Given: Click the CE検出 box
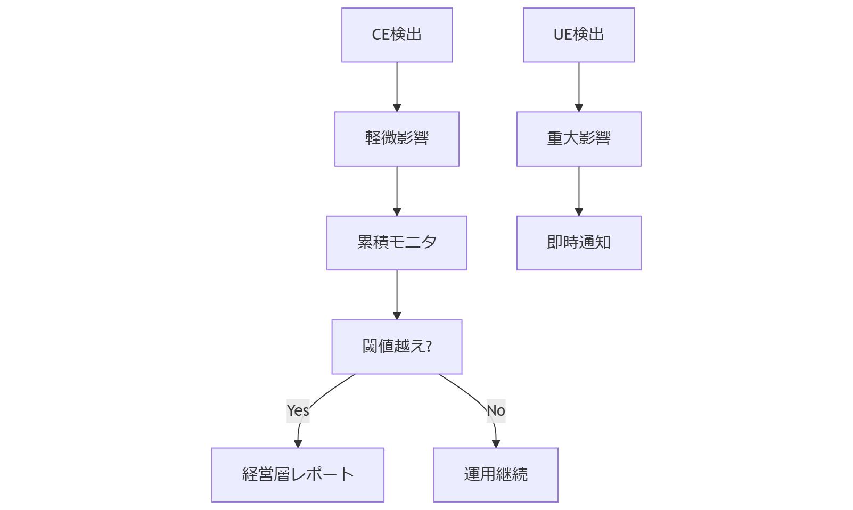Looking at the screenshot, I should coord(397,35).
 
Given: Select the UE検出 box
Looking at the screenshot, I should coord(579,35).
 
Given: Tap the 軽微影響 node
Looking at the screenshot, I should coord(397,139).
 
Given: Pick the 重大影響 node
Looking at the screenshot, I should coord(579,139).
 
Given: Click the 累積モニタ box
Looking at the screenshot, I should coord(397,243).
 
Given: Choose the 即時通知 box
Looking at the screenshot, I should coord(579,243).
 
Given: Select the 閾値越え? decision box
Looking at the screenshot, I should coord(397,347).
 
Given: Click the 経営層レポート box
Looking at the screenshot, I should coord(298,474).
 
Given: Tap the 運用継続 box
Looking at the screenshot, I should coord(496,474).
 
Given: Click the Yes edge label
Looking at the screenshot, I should coord(298,410).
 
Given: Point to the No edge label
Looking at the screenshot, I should coord(496,410).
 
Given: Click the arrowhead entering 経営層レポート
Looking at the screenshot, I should coord(298,444).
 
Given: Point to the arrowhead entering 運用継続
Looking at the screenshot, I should coord(496,444).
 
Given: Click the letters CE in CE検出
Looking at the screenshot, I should coord(380,35).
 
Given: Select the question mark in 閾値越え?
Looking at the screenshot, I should coord(429,347).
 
